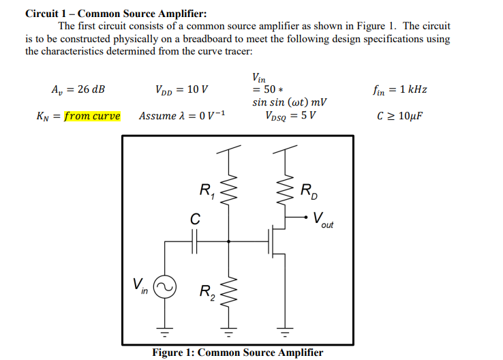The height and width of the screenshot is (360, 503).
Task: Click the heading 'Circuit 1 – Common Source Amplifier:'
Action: tap(116, 13)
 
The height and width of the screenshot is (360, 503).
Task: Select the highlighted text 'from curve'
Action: tap(92, 116)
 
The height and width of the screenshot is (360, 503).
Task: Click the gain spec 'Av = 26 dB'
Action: tap(78, 89)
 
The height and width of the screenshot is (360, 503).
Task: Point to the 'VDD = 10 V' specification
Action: tap(182, 89)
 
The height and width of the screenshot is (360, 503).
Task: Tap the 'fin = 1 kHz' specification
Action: tap(400, 89)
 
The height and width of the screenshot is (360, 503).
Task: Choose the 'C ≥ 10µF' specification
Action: tap(399, 116)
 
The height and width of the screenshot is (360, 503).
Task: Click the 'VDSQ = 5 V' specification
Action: tap(289, 115)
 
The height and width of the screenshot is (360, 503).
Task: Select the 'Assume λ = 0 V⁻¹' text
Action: tap(182, 116)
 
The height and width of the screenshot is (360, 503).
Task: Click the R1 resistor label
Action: tap(207, 192)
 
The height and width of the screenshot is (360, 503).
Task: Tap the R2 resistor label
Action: tap(207, 293)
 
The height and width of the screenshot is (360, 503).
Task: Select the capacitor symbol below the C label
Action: tap(196, 241)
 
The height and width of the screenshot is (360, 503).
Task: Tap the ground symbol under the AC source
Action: tap(164, 333)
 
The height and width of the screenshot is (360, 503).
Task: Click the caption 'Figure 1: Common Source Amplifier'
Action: tap(238, 352)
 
